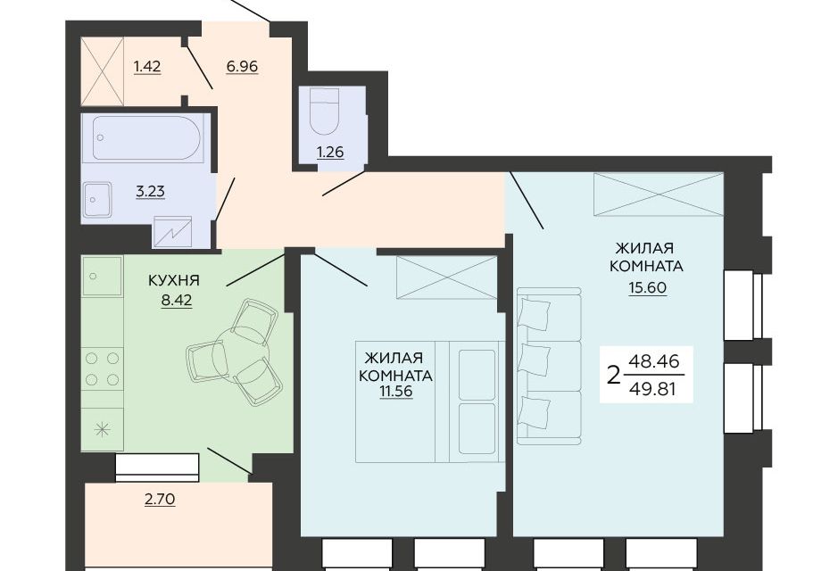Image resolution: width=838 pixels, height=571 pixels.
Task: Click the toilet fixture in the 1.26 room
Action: click(325, 112)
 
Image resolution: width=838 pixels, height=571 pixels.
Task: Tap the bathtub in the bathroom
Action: click(146, 137)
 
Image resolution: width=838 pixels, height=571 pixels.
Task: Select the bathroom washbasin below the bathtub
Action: click(97, 200)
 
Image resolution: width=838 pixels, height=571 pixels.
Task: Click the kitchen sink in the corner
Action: click(102, 277)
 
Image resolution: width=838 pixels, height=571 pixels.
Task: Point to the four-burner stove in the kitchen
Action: click(102, 368)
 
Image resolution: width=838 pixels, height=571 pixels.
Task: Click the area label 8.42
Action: click(177, 301)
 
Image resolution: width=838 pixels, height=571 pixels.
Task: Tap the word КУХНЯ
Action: click(174, 280)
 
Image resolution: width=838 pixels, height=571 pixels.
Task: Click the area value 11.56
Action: click(396, 392)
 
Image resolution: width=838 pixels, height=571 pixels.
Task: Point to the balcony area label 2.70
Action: click(161, 500)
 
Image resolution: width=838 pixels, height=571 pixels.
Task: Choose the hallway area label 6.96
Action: click(242, 67)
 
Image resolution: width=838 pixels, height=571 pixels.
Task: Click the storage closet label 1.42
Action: click(147, 67)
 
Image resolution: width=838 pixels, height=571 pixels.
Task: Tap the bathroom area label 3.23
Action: click(150, 191)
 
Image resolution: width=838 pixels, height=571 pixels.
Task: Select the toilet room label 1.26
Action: click(330, 153)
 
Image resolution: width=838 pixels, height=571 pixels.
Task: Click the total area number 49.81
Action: click(653, 389)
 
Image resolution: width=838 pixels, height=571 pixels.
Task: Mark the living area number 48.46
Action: click(653, 361)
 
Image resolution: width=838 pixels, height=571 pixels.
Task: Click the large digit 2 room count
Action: click(615, 376)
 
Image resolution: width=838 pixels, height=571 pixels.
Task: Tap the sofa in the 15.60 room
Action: click(549, 367)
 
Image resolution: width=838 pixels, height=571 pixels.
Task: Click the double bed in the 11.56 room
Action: click(430, 401)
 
